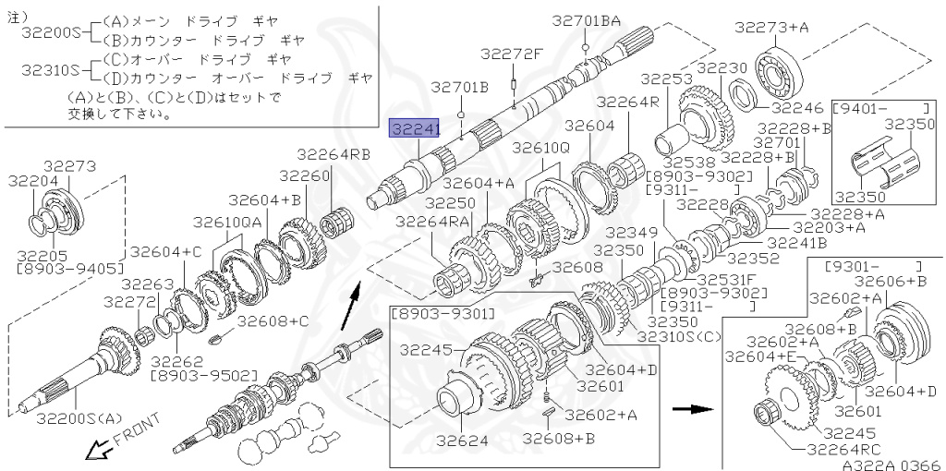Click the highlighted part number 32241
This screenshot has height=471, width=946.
pos(415,129)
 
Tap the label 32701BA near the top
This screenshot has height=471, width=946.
pos(587,19)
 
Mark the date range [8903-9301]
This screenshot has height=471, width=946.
pos(443,314)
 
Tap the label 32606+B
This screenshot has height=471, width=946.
pos(890,281)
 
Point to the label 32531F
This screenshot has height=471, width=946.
pos(726,278)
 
